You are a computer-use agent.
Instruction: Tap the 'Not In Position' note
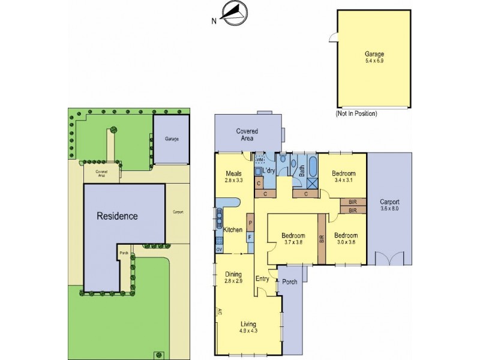(x=356, y=113)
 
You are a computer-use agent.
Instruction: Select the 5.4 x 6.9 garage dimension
(x=374, y=61)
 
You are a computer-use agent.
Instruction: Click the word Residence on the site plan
(x=118, y=216)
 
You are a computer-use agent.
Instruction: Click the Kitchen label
(x=232, y=230)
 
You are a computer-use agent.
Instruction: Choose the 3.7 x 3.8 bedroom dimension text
(x=293, y=243)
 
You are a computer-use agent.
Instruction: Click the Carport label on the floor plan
(x=389, y=202)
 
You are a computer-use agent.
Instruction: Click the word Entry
(x=263, y=278)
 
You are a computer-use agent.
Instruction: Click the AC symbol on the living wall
(x=220, y=313)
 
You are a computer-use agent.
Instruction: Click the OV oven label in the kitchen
(x=219, y=249)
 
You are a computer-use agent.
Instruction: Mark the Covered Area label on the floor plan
(x=247, y=134)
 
